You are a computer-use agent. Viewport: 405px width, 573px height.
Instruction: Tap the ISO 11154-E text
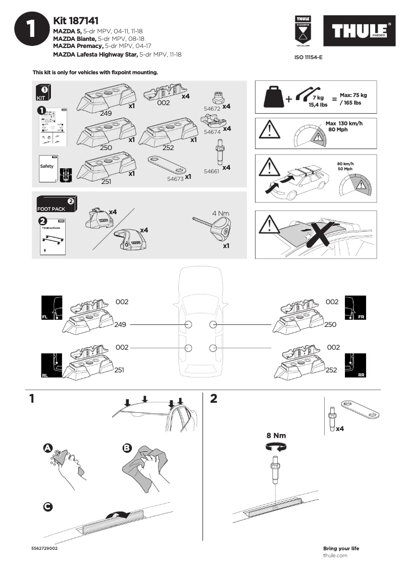point(308,58)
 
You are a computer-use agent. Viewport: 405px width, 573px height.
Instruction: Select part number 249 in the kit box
point(106,113)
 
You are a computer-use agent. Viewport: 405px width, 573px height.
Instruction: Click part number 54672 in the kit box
point(211,109)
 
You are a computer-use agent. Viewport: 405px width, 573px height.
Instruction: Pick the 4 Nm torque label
point(221,213)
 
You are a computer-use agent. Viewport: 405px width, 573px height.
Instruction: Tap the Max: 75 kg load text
point(353,95)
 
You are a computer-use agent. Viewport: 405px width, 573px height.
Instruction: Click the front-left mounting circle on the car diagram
point(188,324)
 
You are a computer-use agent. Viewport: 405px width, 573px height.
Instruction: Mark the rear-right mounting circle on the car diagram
point(213,348)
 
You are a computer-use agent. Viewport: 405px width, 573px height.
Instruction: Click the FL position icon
point(52,308)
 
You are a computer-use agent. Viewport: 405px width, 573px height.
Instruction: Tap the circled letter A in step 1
point(47,448)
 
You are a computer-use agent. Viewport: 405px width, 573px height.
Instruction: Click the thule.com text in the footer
point(335,555)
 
